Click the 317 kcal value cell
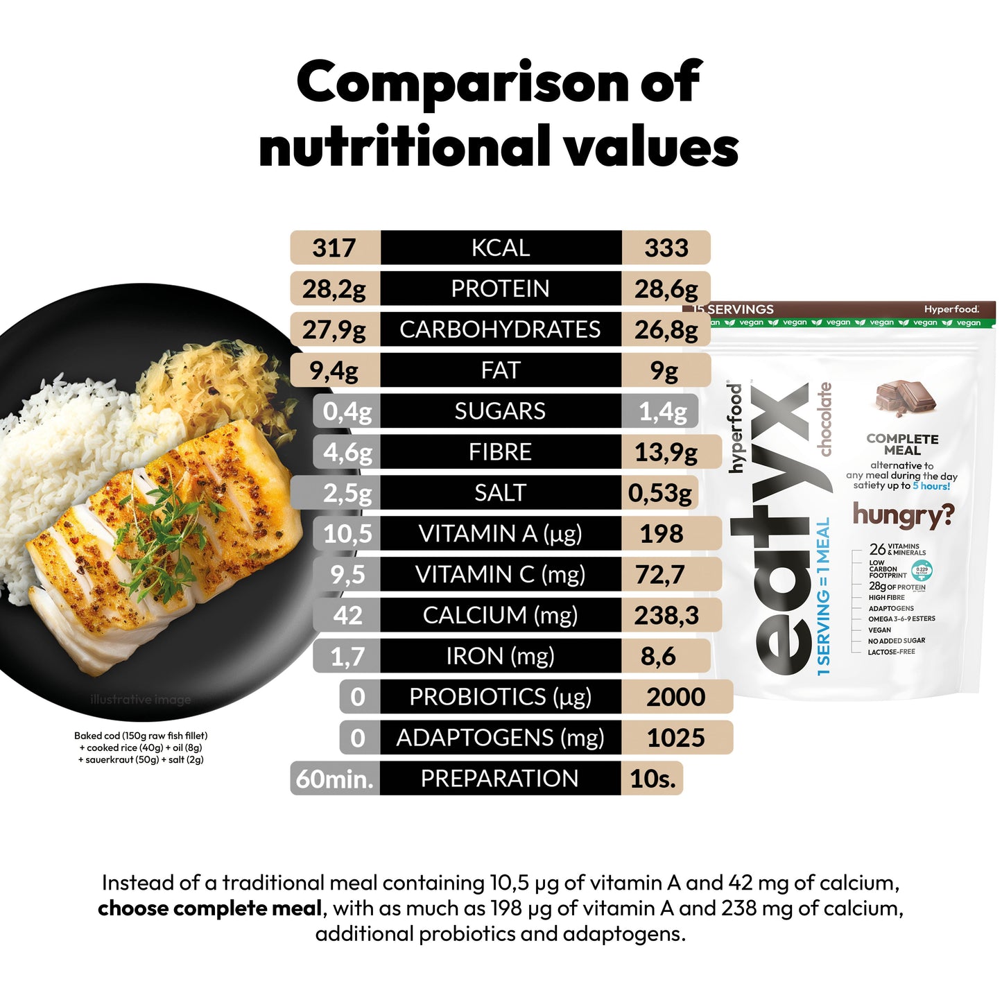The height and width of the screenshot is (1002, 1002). [x=334, y=248]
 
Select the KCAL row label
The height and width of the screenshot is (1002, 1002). [x=500, y=248]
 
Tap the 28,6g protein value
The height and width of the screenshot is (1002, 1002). [x=666, y=288]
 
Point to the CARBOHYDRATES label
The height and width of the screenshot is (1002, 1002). [x=500, y=329]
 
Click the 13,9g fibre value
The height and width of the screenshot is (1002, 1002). [x=666, y=452]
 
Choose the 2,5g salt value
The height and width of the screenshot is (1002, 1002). [x=347, y=493]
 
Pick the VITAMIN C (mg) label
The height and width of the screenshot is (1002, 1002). [x=500, y=575]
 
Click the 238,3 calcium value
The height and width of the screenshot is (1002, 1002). [x=666, y=616]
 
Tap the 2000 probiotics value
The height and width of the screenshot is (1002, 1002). [x=676, y=697]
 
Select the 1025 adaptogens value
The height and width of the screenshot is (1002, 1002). [x=676, y=738]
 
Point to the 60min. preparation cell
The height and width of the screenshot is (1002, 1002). [x=335, y=779]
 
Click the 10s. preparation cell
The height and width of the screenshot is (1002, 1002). [x=653, y=779]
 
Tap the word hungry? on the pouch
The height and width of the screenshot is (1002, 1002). [x=903, y=515]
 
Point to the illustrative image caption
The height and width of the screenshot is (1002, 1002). [x=141, y=700]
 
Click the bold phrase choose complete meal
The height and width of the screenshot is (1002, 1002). [x=209, y=908]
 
